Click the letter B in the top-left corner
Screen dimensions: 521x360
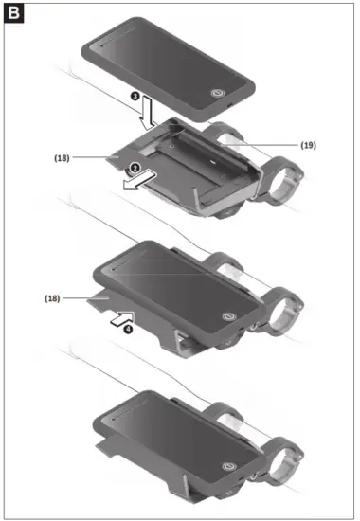point(16,15)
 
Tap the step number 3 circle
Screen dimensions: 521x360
point(135,96)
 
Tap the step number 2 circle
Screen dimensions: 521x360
point(135,168)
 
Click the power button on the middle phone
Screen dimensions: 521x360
point(226,317)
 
